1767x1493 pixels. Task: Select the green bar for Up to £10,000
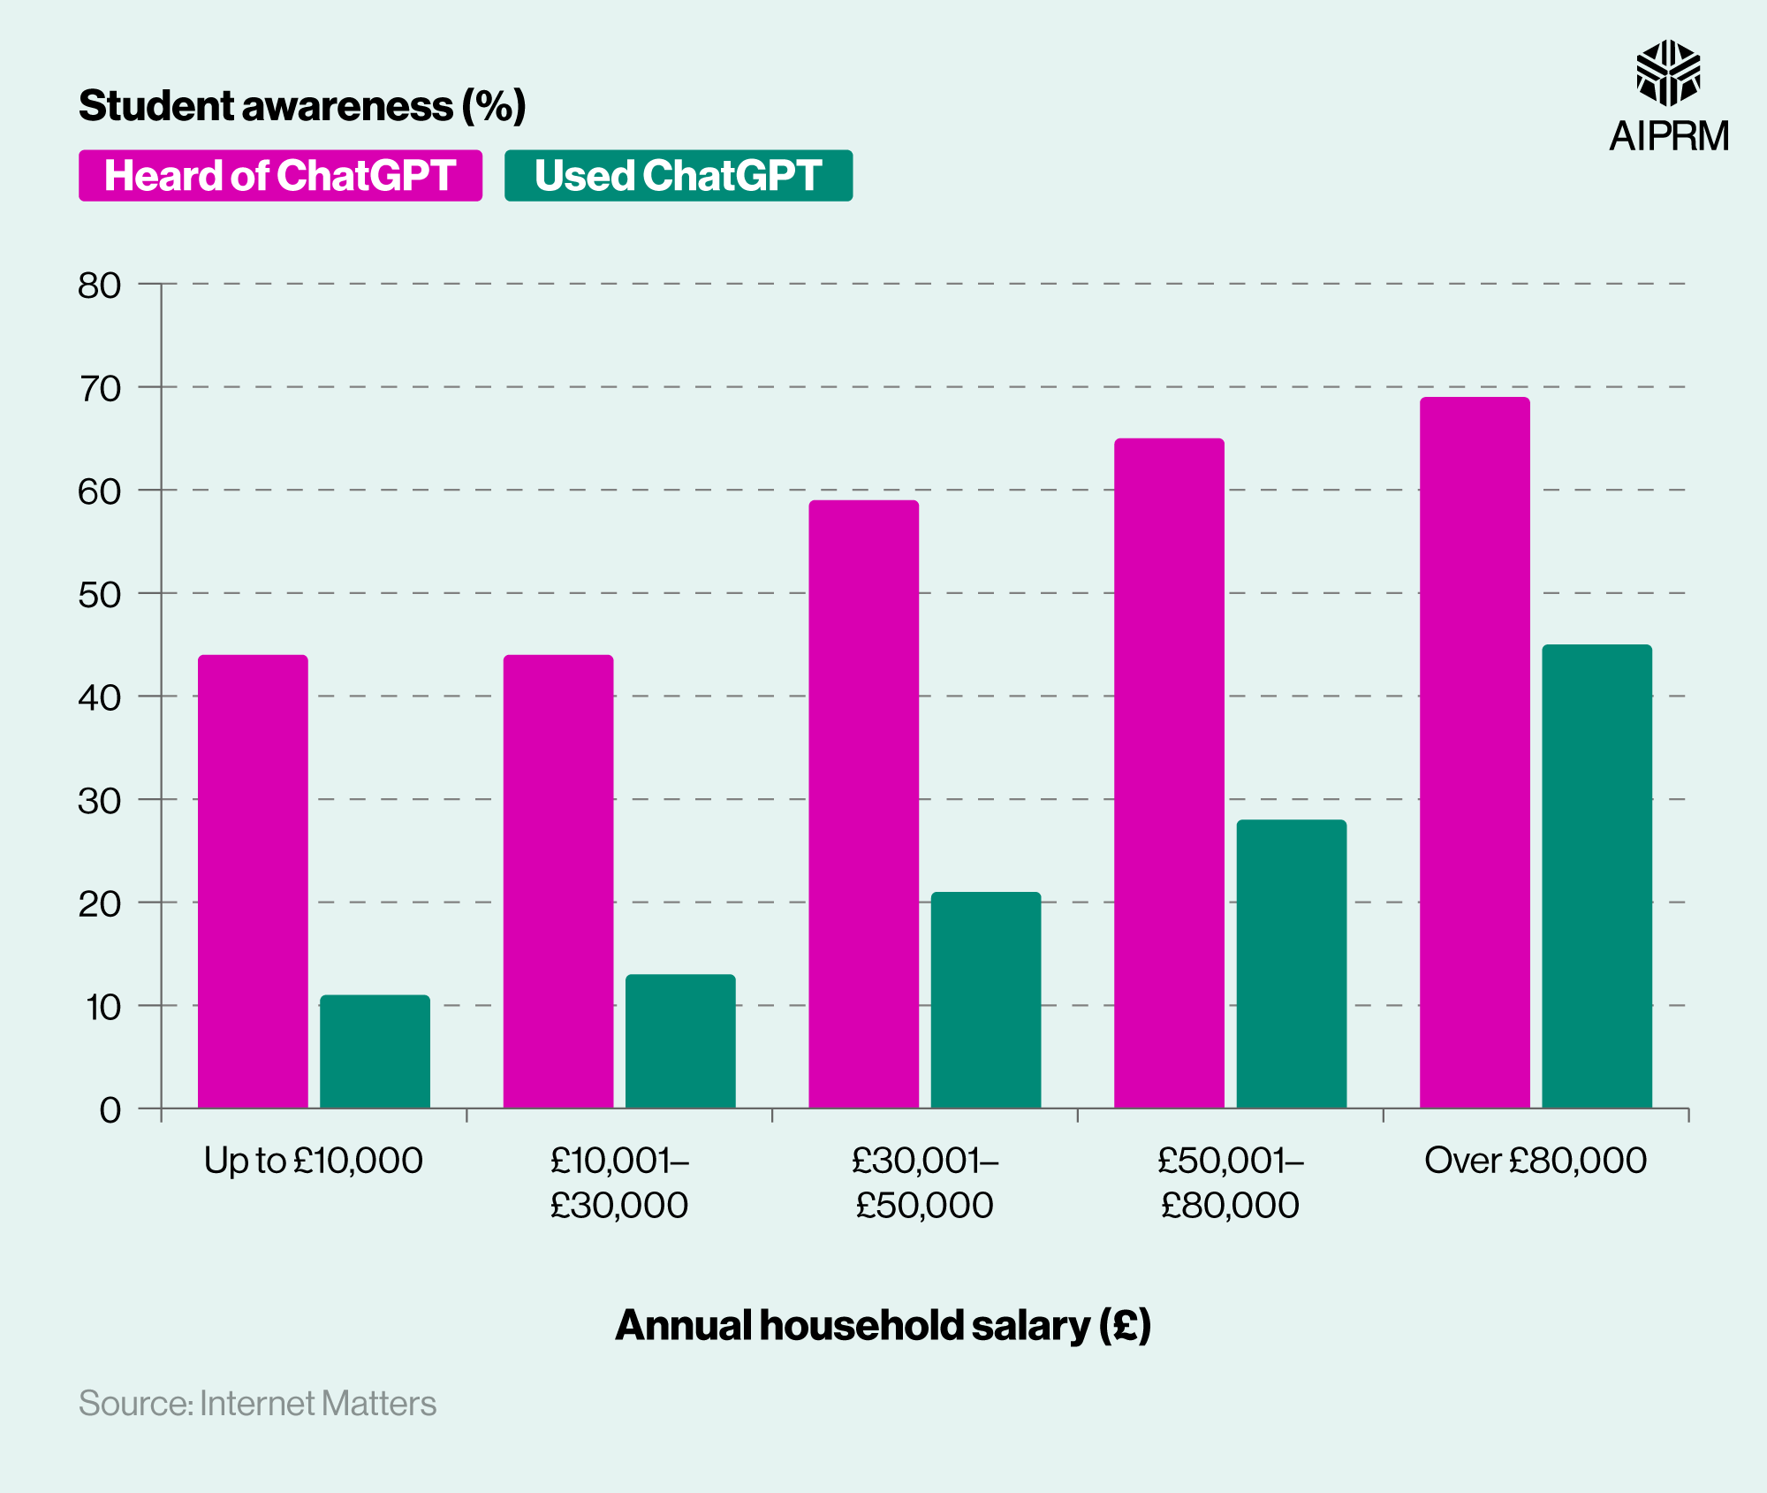click(375, 1051)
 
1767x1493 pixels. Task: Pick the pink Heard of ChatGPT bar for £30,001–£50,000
click(863, 804)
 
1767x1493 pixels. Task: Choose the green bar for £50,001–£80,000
click(1291, 964)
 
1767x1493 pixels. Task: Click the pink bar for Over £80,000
click(1474, 752)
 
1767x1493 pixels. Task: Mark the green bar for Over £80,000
click(1596, 876)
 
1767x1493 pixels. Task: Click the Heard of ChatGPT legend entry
click(280, 176)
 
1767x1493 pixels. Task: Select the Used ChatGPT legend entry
click(678, 176)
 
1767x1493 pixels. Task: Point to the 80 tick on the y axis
click(99, 286)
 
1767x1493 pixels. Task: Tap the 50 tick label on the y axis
click(99, 595)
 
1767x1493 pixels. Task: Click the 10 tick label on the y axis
click(102, 1007)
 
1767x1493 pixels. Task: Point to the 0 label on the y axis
click(110, 1109)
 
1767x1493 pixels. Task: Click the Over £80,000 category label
click(1536, 1161)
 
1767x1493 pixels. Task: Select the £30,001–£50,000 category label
click(924, 1183)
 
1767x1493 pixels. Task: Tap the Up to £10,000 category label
click(314, 1161)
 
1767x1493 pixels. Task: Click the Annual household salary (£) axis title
click(883, 1325)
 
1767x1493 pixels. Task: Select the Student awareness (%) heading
click(302, 106)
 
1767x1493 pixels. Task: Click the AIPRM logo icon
click(1668, 72)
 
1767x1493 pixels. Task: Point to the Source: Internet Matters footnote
click(257, 1404)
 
